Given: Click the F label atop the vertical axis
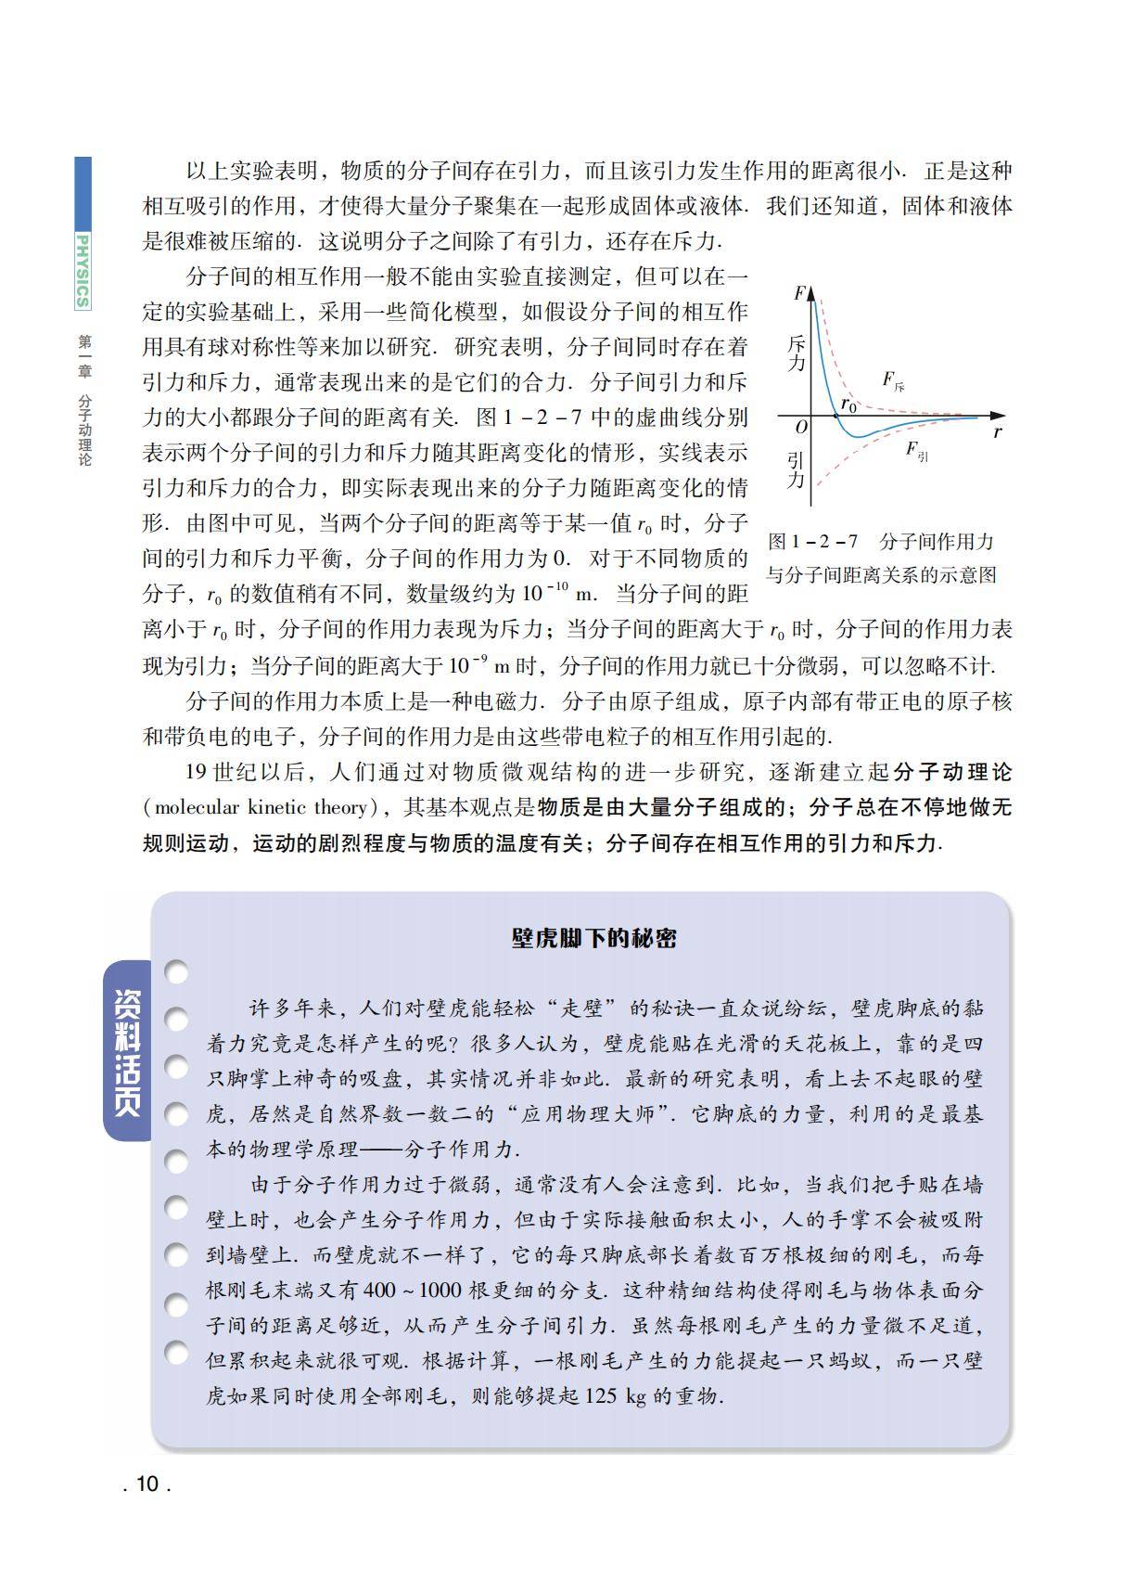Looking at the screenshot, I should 798,294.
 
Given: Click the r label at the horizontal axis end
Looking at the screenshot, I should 998,431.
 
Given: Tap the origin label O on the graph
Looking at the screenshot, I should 801,427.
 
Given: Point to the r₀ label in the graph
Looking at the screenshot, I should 848,405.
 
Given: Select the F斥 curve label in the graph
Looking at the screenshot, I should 893,380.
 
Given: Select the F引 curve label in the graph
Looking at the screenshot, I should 916,451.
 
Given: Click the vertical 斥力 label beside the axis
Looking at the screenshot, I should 796,353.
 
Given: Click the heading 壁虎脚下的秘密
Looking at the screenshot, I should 593,938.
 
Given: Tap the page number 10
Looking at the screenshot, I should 147,1484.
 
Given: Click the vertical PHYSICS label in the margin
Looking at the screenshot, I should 83,270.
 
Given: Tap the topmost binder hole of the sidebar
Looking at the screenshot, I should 176,971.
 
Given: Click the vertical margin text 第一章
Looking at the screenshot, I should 84,356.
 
